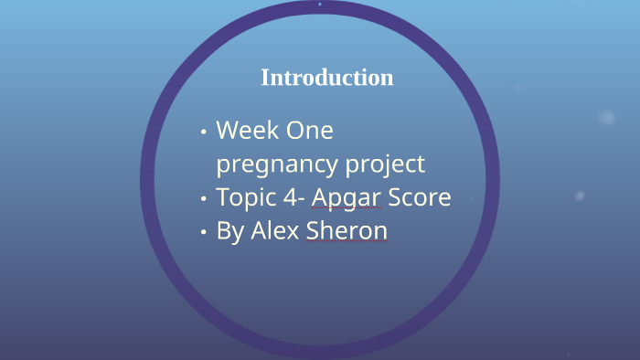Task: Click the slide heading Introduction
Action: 326,78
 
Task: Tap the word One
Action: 310,131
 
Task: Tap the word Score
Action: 420,197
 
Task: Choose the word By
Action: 229,231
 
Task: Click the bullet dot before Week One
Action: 203,132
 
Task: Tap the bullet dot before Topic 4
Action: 203,198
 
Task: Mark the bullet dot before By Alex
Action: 203,232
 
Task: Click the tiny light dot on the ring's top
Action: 320,5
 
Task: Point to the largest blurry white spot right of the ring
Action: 607,117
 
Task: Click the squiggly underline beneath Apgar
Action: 347,210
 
